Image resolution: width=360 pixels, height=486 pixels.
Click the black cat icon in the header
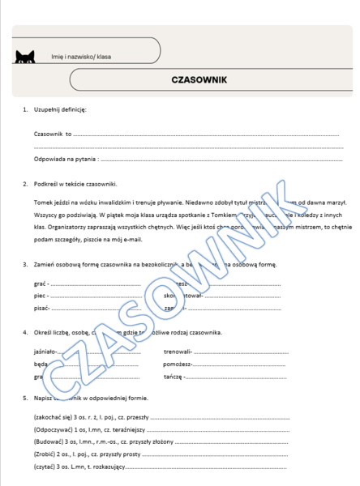click(25, 56)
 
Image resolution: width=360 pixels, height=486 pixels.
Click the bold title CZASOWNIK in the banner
click(199, 80)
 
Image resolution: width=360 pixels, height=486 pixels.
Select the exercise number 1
click(25, 109)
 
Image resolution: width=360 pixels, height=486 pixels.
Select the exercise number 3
click(25, 265)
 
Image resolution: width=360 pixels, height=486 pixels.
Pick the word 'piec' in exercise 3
click(41, 296)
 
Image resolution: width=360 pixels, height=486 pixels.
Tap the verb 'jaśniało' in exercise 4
click(45, 352)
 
